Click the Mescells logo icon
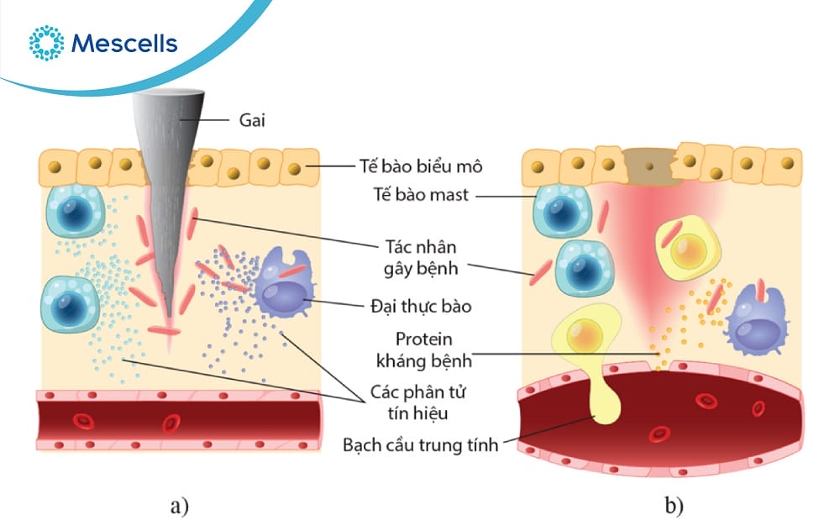click(x=46, y=43)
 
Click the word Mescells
click(x=124, y=43)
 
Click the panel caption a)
click(x=179, y=506)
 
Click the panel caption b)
click(x=674, y=506)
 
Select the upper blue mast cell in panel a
click(x=74, y=211)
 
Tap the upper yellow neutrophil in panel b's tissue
click(x=686, y=247)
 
